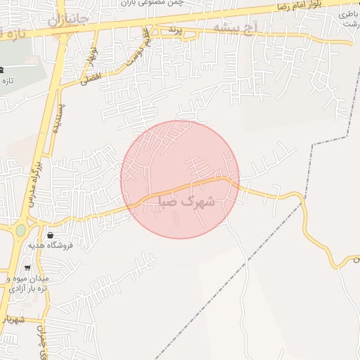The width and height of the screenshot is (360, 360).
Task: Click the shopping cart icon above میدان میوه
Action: coord(27,268)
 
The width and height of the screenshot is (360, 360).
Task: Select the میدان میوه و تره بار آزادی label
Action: coord(28,284)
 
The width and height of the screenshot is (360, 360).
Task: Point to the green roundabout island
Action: coord(20,229)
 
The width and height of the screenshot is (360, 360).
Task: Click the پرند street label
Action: coord(176,31)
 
